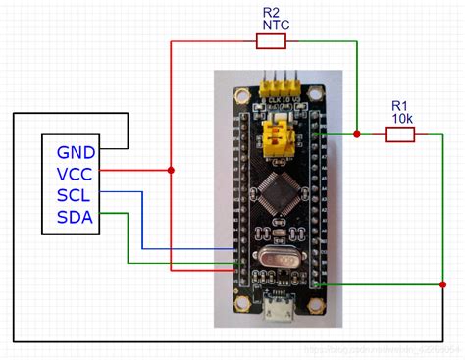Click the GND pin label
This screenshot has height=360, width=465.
coord(76,152)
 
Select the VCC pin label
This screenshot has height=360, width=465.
coord(76,174)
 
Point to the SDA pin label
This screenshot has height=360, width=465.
coord(76,216)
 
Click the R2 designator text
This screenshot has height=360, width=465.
coord(271,13)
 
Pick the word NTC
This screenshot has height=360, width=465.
coord(271,26)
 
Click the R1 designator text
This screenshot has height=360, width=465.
coord(398,105)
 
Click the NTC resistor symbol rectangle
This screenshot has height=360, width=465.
coord(271,41)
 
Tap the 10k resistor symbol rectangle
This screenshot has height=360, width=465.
coord(398,134)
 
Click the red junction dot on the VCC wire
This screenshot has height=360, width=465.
coord(172,172)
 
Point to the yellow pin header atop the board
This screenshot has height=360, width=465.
coord(279,83)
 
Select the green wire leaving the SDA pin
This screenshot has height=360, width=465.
coord(129,240)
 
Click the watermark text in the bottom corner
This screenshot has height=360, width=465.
coord(383,349)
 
